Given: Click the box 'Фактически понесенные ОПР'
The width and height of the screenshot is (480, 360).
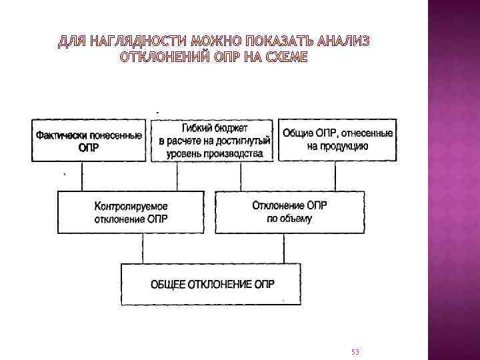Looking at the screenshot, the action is tap(88, 141).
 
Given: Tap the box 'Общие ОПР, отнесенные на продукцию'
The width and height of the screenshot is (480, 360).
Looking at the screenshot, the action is tap(337, 140).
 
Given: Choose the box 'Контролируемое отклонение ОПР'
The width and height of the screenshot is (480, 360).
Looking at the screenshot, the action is tap(131, 212).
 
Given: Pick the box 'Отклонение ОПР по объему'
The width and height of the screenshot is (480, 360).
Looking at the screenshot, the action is tap(289, 212).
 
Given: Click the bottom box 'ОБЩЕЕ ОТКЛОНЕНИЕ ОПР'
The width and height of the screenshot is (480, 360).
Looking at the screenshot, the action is tap(211, 284).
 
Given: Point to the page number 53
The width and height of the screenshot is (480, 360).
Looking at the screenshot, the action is tap(354, 351).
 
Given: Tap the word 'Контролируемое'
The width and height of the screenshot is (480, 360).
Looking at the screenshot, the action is tap(131, 206).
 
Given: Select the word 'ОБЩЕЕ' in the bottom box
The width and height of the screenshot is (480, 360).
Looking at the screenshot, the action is tap(169, 284).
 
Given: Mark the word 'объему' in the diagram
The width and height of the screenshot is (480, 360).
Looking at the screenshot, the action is tap(298, 219).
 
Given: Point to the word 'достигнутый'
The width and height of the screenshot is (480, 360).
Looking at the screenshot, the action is tap(245, 141).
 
